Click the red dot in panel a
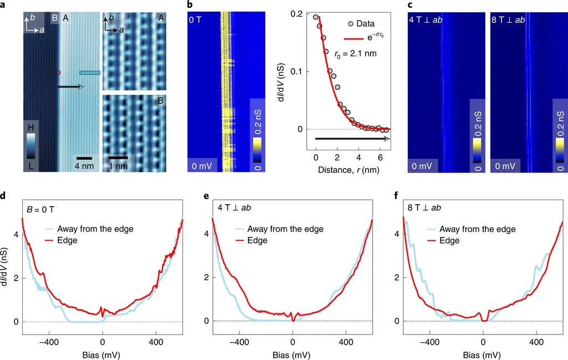(58, 73)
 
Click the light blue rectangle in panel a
(90, 72)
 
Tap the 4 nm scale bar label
(84, 166)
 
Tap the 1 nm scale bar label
(118, 167)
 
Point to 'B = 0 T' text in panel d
(43, 210)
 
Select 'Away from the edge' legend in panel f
(477, 229)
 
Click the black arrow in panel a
(70, 87)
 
